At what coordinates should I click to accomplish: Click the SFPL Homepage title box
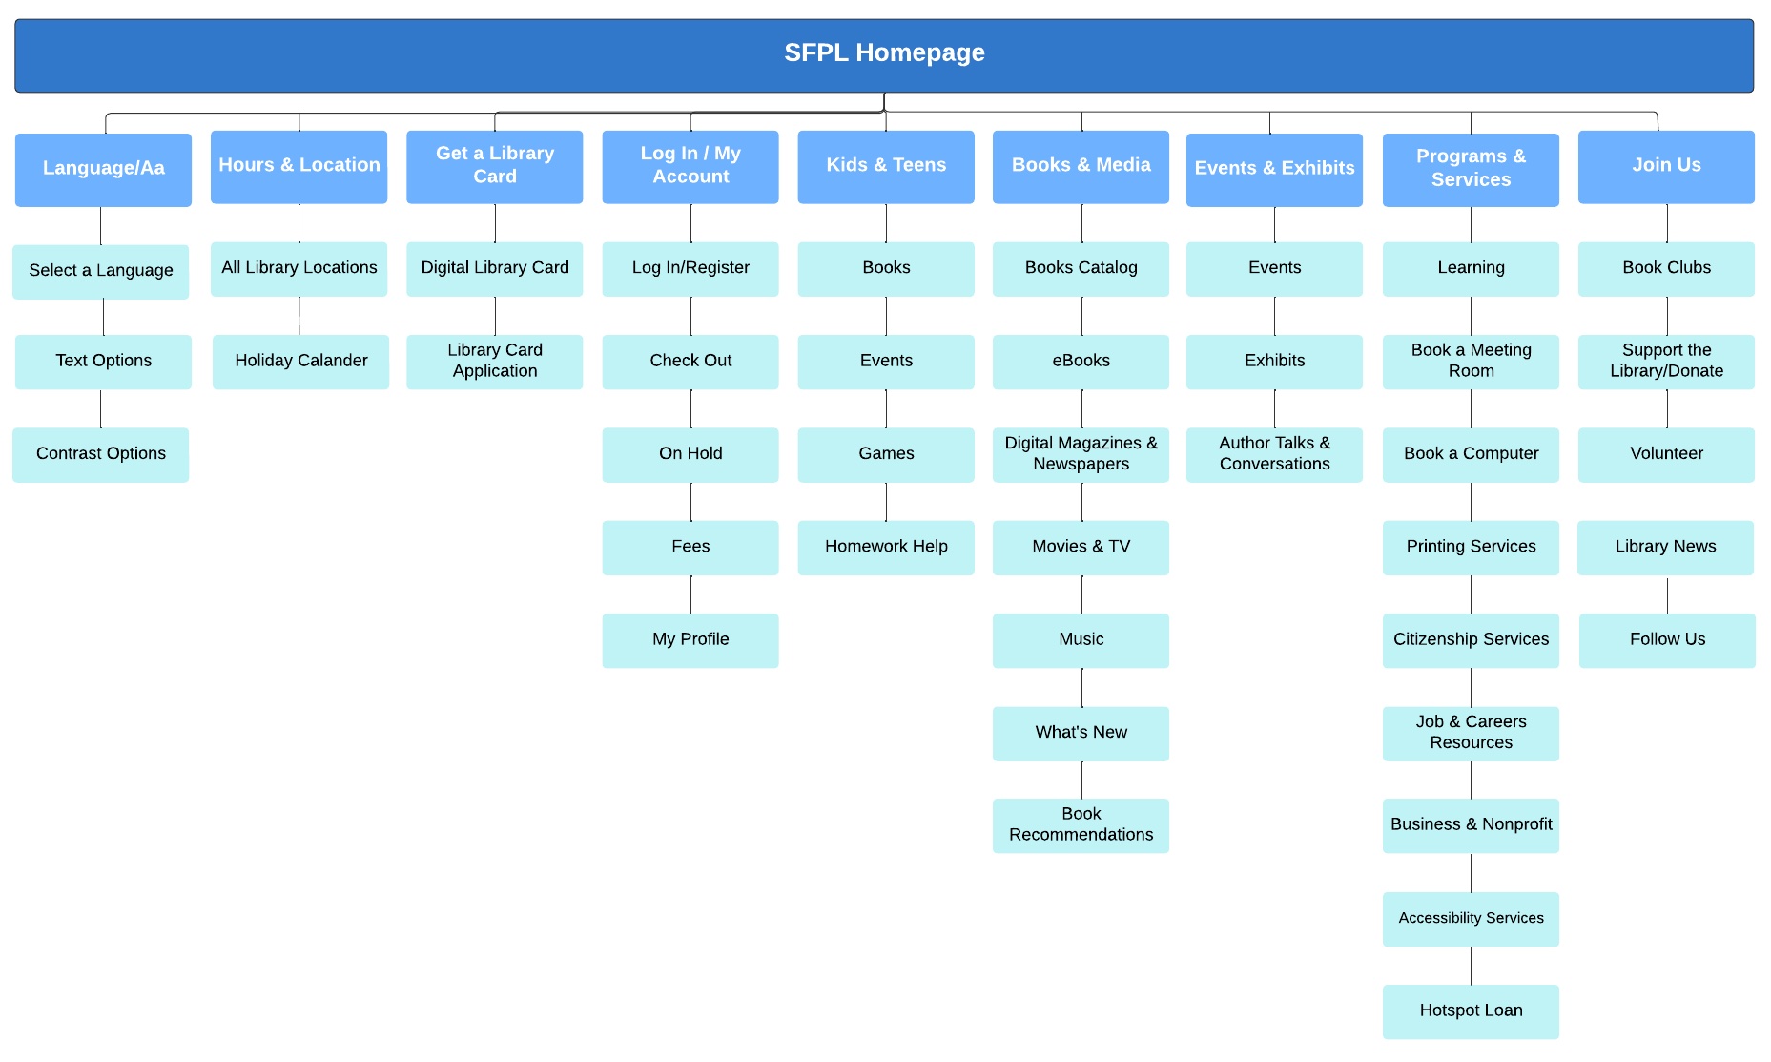(884, 54)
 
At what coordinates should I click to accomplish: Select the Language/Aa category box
(103, 169)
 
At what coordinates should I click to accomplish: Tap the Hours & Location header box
(299, 166)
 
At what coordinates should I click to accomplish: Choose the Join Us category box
(1665, 166)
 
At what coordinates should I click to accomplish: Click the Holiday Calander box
(300, 362)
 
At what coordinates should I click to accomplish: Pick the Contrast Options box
(101, 454)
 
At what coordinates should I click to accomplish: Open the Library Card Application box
(494, 362)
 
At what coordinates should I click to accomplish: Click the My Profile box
(690, 640)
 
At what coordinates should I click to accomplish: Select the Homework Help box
(885, 547)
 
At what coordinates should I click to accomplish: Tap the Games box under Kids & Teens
(885, 454)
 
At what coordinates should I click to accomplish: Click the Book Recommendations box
(1081, 825)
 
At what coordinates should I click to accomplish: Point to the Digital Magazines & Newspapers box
(1081, 454)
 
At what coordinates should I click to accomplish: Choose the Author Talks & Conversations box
(1274, 454)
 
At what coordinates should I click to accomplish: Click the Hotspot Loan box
(1470, 1011)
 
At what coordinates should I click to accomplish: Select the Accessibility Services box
(1470, 919)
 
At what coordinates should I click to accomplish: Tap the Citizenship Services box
(1470, 640)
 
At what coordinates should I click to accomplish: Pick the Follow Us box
(1666, 640)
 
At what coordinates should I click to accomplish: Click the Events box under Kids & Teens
(885, 362)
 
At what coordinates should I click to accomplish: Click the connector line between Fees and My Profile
(690, 594)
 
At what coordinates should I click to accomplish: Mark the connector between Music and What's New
(1081, 687)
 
